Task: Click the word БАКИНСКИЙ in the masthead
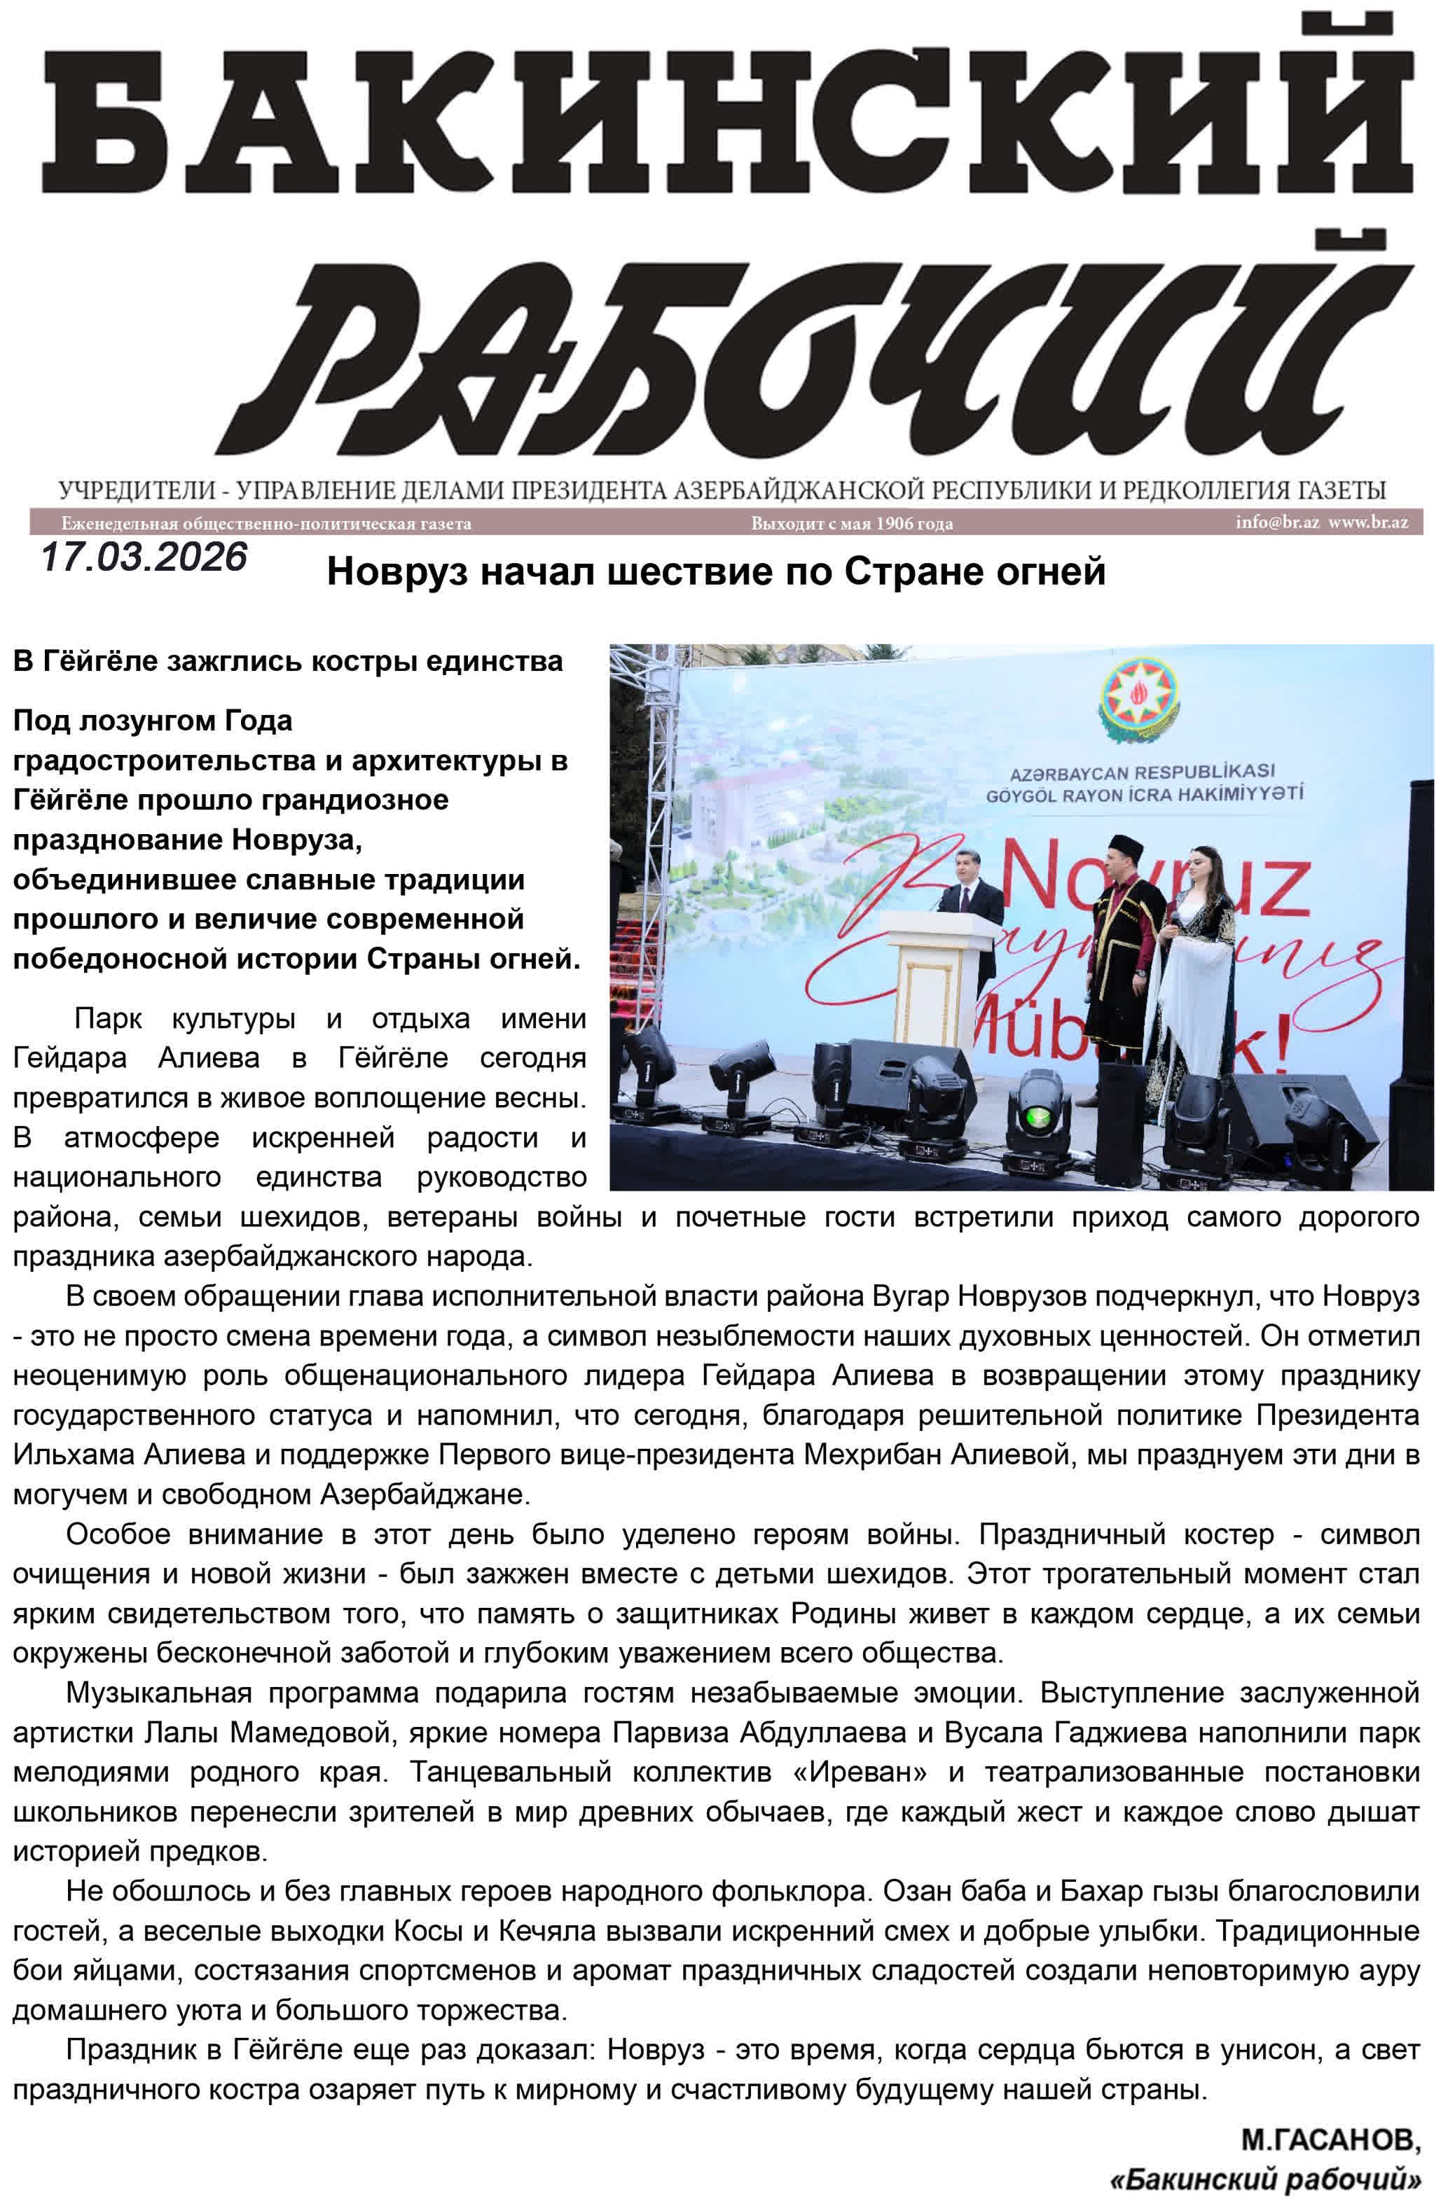pyautogui.click(x=728, y=120)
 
